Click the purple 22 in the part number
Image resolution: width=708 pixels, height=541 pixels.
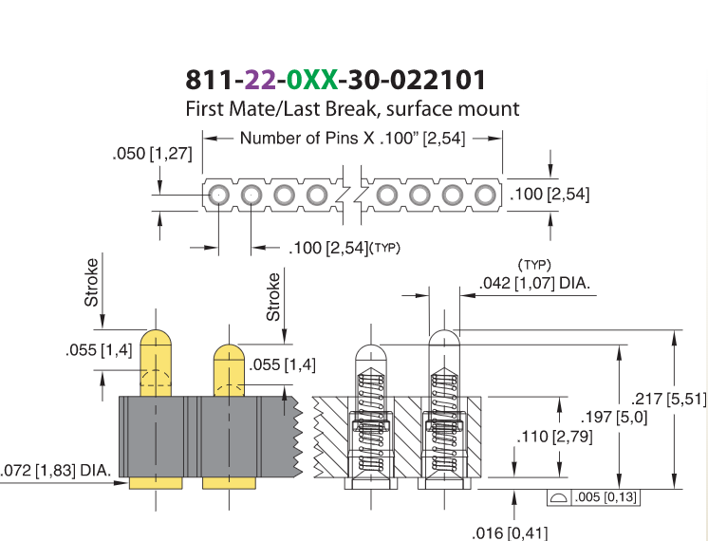[x=260, y=80]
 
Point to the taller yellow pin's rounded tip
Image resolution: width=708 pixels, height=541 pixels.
[x=156, y=338]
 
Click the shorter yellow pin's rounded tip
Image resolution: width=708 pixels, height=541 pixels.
[x=229, y=353]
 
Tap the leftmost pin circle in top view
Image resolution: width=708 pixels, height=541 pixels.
[x=218, y=196]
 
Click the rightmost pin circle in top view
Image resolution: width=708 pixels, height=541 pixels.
[x=485, y=196]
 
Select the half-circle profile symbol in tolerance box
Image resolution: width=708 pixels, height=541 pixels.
[x=559, y=497]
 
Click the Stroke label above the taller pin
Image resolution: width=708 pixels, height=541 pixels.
[x=91, y=282]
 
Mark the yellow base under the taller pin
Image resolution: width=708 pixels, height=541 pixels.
[x=156, y=483]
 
